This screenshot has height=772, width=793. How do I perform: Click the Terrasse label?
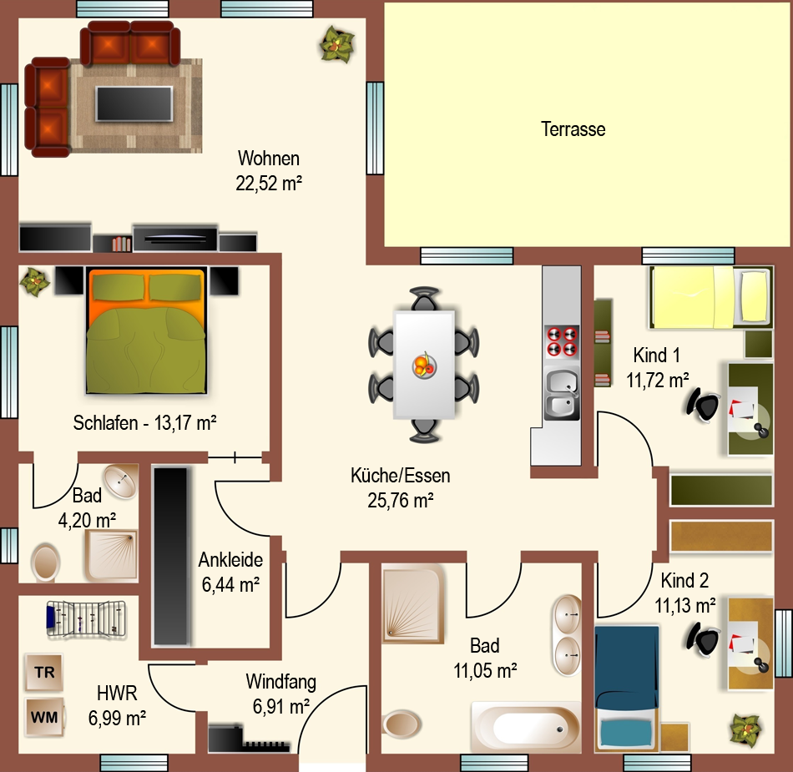point(573,129)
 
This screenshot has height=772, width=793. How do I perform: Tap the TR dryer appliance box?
point(44,672)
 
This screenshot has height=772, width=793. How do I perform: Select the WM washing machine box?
point(44,717)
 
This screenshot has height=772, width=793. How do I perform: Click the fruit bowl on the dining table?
point(424,365)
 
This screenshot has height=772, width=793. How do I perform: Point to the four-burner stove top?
point(562,341)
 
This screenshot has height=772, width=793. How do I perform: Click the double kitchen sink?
point(562,394)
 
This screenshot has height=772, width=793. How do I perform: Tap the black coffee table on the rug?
point(134,103)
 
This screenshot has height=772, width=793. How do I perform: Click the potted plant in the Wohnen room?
point(336,45)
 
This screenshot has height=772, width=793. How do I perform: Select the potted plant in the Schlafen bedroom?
point(34,281)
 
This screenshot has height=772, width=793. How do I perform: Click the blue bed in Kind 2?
point(627,689)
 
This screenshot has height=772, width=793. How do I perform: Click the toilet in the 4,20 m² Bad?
point(46,563)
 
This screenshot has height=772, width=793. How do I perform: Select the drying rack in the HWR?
point(86,618)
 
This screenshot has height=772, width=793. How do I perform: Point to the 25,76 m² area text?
point(401,501)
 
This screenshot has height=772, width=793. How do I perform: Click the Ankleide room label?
point(230,560)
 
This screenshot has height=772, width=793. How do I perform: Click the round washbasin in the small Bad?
point(120,481)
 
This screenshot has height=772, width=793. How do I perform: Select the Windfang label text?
point(281,682)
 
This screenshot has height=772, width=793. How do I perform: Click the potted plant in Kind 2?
point(746,729)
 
